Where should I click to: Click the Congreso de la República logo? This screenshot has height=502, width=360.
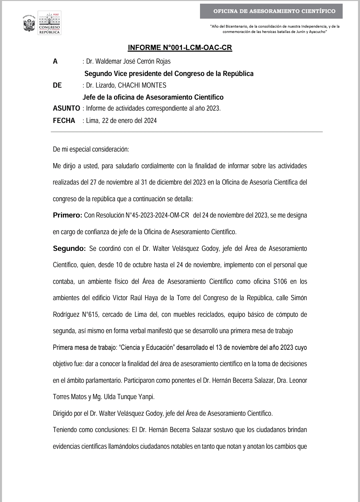click(50, 23)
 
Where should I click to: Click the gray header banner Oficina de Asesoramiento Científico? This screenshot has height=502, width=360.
click(271, 11)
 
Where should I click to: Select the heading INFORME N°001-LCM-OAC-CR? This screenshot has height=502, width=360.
click(180, 48)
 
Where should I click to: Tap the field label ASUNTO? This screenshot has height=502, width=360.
click(66, 108)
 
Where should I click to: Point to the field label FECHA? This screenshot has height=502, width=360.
click(64, 121)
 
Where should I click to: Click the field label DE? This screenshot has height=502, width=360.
click(57, 85)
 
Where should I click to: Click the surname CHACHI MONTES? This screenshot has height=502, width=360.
click(142, 85)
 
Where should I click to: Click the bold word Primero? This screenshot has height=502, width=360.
click(67, 215)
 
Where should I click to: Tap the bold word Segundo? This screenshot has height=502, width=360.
click(69, 249)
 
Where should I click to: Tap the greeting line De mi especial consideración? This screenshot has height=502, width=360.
click(91, 149)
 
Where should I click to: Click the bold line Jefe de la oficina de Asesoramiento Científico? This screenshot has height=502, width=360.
click(153, 97)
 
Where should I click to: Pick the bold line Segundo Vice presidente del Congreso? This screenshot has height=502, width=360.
click(169, 74)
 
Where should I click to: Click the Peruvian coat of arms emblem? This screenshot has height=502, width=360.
click(29, 24)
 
